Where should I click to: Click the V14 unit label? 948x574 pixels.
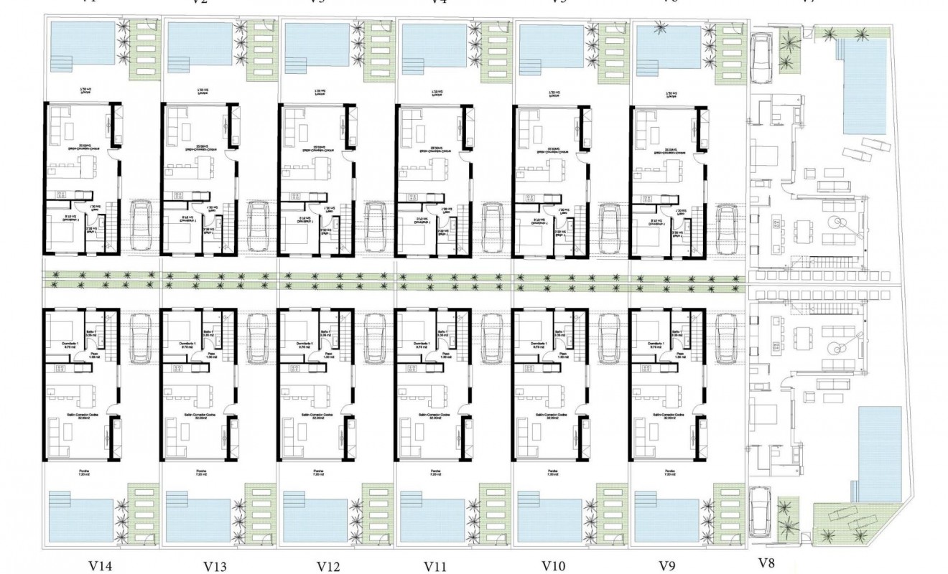point(101,565)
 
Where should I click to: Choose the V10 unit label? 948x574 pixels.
point(553,565)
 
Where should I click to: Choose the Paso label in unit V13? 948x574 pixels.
point(210,354)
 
